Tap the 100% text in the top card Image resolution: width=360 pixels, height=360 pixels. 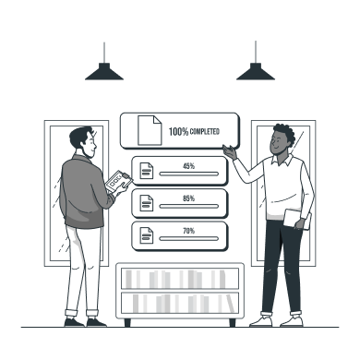pyautogui.click(x=178, y=132)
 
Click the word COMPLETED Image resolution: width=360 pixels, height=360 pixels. pyautogui.click(x=205, y=132)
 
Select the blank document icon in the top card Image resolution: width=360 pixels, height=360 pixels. pyautogui.click(x=150, y=130)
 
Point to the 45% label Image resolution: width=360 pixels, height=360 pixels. pyautogui.click(x=189, y=166)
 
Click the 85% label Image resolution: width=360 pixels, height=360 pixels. pyautogui.click(x=189, y=198)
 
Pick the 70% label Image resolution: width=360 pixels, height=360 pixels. pyautogui.click(x=189, y=231)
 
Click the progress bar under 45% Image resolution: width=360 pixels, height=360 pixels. pyautogui.click(x=189, y=174)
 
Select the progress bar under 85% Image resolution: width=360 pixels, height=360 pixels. pyautogui.click(x=189, y=207)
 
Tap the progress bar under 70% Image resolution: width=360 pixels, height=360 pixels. pyautogui.click(x=189, y=239)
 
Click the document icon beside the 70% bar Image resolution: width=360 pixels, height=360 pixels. pyautogui.click(x=147, y=235)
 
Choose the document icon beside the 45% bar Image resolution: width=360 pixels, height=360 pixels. pyautogui.click(x=147, y=171)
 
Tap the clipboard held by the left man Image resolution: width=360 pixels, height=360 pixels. pyautogui.click(x=119, y=181)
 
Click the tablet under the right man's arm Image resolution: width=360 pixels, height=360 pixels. pyautogui.click(x=297, y=219)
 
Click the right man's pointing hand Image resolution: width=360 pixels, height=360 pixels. pyautogui.click(x=231, y=151)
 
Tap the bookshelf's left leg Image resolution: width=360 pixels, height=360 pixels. pyautogui.click(x=127, y=322)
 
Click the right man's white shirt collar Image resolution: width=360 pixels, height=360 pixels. pyautogui.click(x=282, y=160)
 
